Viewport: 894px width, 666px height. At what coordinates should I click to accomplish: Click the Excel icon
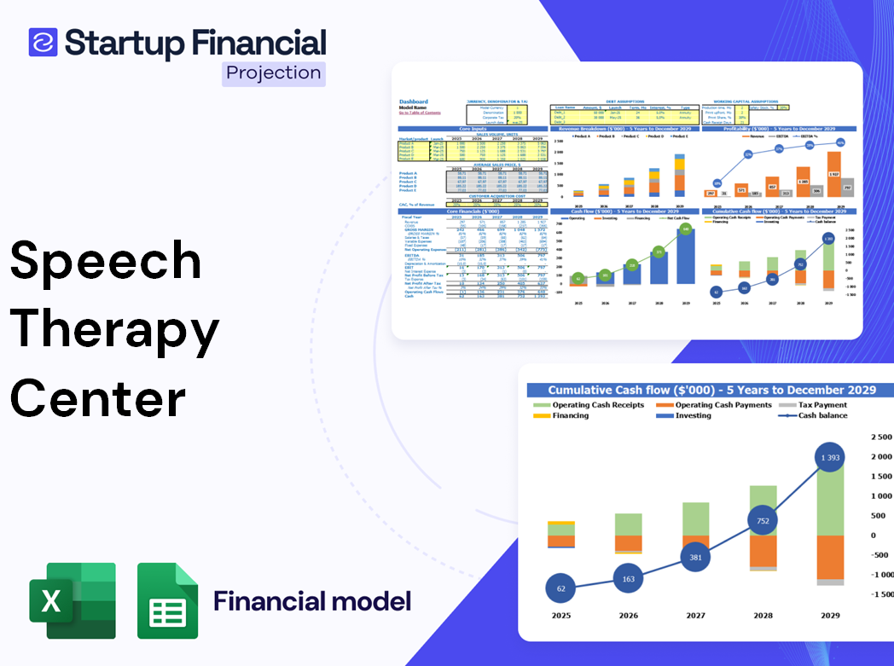point(73,600)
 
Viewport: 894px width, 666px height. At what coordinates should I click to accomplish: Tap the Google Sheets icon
point(167,600)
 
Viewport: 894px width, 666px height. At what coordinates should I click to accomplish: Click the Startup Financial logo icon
point(43,42)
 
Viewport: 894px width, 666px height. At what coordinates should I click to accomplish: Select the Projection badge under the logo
point(273,72)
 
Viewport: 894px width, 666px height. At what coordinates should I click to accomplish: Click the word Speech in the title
point(106,261)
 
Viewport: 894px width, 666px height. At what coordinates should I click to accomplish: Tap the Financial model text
point(311,601)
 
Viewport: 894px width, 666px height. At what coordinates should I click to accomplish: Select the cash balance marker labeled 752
point(763,521)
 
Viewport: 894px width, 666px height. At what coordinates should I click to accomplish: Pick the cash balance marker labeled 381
point(695,558)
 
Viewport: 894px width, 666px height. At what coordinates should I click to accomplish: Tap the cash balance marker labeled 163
point(628,579)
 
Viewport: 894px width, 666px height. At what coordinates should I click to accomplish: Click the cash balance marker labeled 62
point(560,588)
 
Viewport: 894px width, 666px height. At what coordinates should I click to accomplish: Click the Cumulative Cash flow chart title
point(711,390)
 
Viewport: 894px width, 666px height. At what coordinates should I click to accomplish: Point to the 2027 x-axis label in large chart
point(695,616)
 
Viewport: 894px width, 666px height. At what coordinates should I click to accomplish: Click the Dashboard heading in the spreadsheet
point(413,101)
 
